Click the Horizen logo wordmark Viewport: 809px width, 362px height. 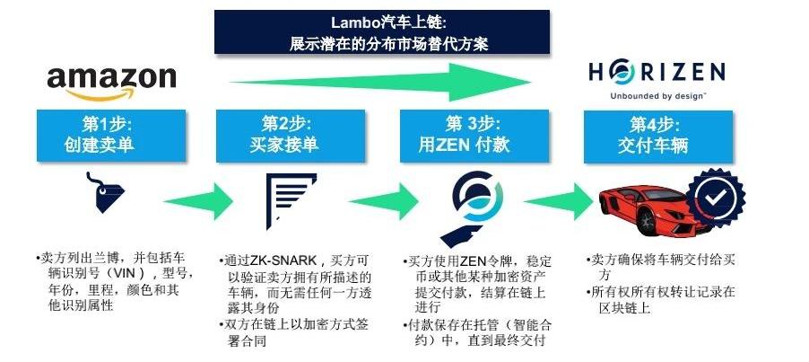click(657, 72)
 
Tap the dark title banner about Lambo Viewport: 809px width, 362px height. click(382, 32)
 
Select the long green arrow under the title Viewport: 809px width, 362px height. click(380, 82)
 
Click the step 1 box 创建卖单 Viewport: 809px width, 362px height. click(111, 136)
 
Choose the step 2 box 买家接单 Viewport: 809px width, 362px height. click(291, 136)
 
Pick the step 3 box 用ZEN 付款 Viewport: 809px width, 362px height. click(474, 136)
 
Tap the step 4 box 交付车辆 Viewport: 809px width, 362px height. click(657, 136)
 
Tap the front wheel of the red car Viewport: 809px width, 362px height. click(646, 222)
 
